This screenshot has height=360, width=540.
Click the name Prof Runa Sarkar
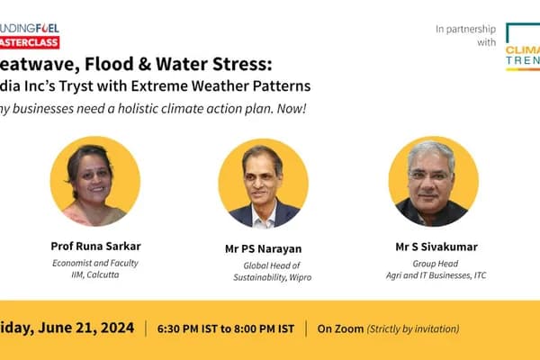(94, 245)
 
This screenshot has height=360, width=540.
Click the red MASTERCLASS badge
(29, 42)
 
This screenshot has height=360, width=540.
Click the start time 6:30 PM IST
(193, 328)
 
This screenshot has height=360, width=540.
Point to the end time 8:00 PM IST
(261, 328)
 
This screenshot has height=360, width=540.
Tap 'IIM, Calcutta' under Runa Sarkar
(94, 274)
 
